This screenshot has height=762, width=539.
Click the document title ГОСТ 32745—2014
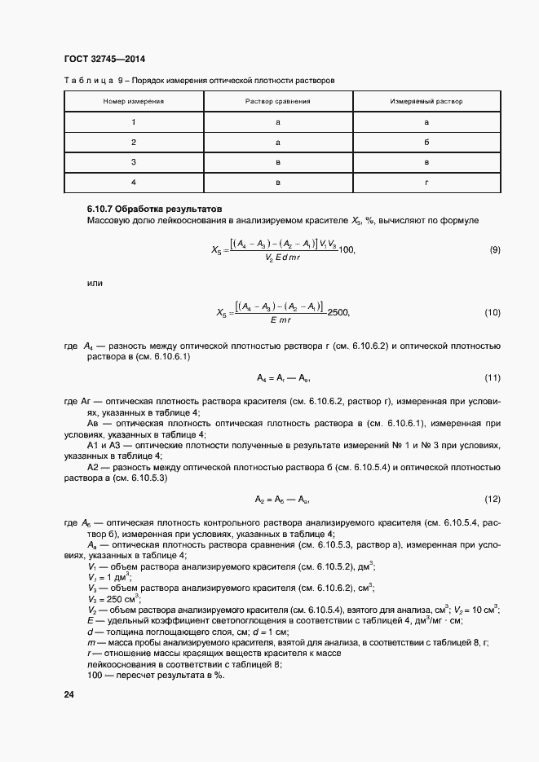[104, 59]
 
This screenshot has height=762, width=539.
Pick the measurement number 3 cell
[133, 162]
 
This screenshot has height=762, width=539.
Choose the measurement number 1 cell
[133, 122]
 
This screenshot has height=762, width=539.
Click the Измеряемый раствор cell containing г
[426, 183]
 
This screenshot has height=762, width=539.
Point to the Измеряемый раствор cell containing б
[426, 143]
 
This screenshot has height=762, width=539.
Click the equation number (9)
[494, 249]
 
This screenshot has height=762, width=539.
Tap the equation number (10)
[492, 312]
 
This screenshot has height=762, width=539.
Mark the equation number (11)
[492, 378]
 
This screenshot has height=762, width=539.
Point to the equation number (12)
[492, 499]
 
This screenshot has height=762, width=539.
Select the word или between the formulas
[94, 282]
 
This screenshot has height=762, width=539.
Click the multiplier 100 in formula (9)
[346, 249]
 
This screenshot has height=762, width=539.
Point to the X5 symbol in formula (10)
[221, 312]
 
